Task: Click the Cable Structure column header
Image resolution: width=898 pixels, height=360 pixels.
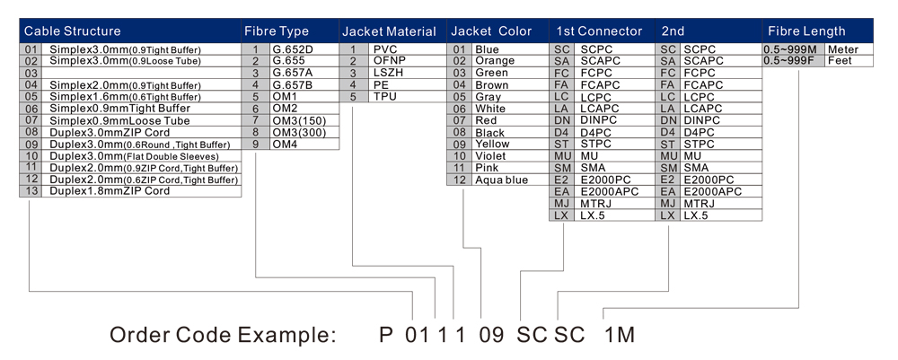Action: [72, 31]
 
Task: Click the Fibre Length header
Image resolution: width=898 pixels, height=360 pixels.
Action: [807, 31]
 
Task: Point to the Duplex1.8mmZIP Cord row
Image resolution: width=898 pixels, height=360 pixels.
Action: [110, 191]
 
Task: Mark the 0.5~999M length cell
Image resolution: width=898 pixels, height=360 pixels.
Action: [790, 49]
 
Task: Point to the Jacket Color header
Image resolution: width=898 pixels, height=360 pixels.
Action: [491, 31]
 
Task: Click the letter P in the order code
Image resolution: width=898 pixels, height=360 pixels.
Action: [386, 336]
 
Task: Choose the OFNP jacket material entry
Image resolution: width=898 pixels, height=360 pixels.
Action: [388, 61]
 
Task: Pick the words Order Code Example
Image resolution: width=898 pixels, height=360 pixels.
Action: [222, 336]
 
